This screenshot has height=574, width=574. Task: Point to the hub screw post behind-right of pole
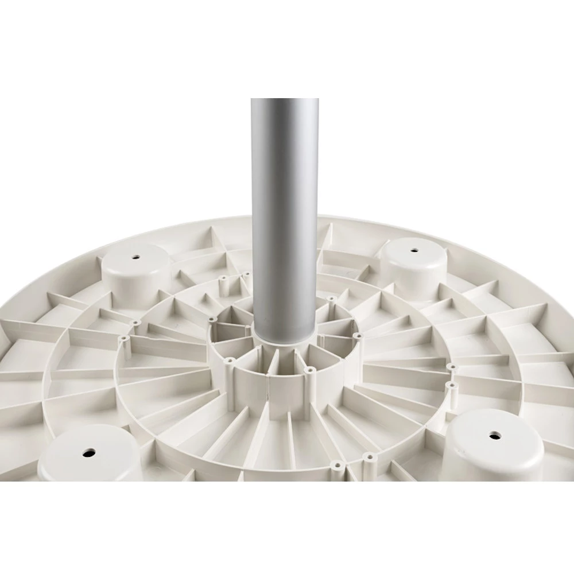[331, 299]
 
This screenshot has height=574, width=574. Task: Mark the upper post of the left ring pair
[135, 323]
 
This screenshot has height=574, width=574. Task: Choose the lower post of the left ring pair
[123, 340]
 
